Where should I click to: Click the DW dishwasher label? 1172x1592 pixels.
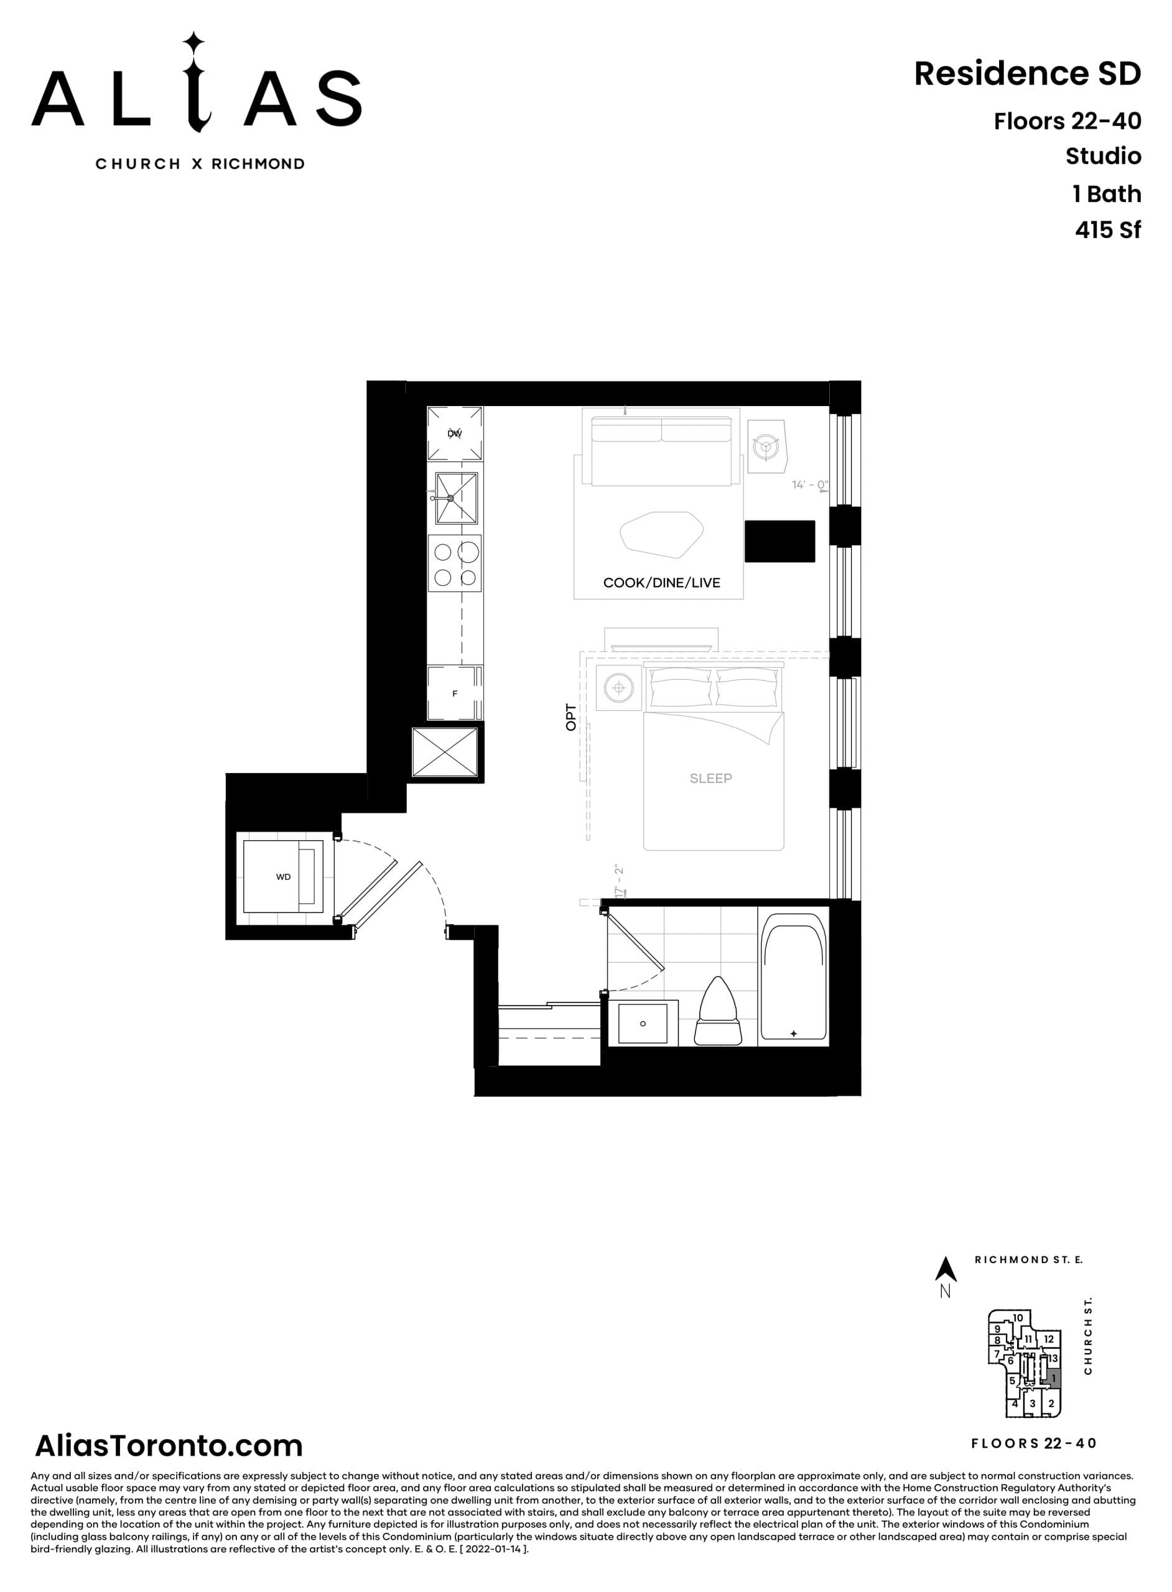(455, 433)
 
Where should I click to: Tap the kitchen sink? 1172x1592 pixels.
(456, 497)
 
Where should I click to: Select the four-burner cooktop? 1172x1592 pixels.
(455, 564)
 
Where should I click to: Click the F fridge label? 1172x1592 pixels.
(455, 693)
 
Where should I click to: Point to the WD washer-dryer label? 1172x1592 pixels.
(283, 877)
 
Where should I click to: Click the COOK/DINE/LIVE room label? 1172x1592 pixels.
(661, 583)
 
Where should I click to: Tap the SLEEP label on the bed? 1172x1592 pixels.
(710, 778)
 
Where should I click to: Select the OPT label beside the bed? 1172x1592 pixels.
(571, 717)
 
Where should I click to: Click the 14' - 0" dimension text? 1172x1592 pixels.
(809, 485)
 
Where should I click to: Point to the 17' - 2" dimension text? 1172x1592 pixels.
(620, 881)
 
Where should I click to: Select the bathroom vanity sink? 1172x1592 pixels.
(643, 1023)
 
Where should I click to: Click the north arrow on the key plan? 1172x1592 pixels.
(945, 1269)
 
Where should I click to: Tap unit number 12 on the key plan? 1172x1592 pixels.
(1049, 1339)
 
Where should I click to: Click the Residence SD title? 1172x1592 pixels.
(1026, 74)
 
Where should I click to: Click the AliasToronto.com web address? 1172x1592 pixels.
(169, 1445)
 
